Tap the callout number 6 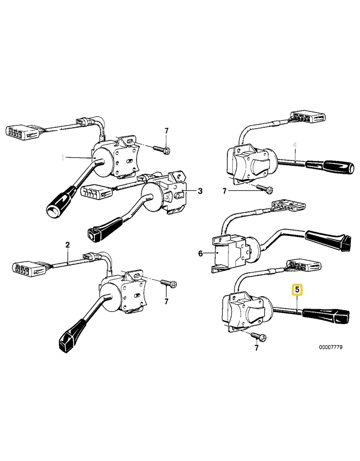click(x=201, y=254)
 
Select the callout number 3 click(x=200, y=191)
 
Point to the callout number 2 click(x=67, y=245)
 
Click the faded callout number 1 click(x=63, y=158)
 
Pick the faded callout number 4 click(x=295, y=145)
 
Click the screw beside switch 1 click(x=161, y=148)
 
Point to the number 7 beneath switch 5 click(x=256, y=348)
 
